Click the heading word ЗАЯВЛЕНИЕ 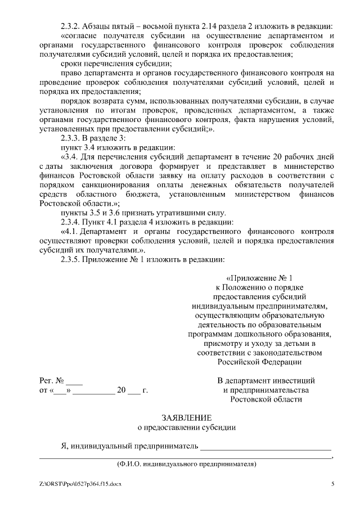click(187, 418)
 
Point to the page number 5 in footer click(332, 484)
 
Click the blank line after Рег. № click(74, 381)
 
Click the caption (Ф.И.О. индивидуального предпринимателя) click(186, 465)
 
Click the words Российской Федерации click(259, 362)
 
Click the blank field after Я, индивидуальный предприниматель click(265, 447)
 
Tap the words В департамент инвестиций click(266, 381)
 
